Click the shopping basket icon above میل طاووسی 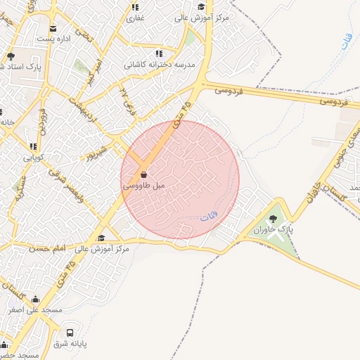[x=143, y=174]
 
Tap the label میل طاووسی [x=143, y=186]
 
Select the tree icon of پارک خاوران [x=273, y=219]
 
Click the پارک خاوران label [x=272, y=230]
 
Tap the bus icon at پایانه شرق [x=70, y=333]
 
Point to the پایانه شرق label [x=70, y=344]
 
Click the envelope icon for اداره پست [x=54, y=29]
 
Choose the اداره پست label [x=54, y=39]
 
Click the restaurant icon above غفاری [x=135, y=7]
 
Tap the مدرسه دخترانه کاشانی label [x=160, y=64]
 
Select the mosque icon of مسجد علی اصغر [x=35, y=299]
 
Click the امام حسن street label [x=49, y=248]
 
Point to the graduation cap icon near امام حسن [x=101, y=238]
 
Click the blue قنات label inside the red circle [x=208, y=217]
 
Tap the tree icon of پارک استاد [x=11, y=56]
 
